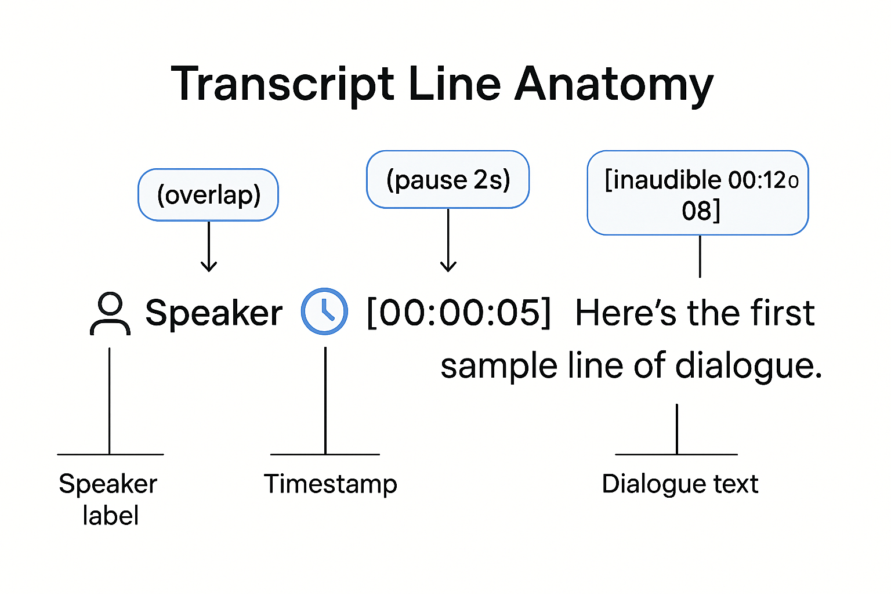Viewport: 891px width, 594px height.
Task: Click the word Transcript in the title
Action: (283, 85)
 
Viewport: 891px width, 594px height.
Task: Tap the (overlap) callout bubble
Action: (208, 195)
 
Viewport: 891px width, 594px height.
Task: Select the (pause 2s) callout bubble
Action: (448, 180)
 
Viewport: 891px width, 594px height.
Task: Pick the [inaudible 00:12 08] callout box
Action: (698, 193)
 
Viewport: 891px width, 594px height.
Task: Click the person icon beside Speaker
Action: (110, 314)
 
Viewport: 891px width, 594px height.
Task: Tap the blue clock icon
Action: (325, 312)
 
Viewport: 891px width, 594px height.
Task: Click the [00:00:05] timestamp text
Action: (459, 313)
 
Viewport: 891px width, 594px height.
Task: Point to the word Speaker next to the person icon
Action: (213, 314)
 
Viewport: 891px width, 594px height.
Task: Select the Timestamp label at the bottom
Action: (331, 484)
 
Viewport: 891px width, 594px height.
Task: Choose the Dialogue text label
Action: (680, 484)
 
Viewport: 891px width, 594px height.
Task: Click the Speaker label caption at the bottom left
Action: (108, 499)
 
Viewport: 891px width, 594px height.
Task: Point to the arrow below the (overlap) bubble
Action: (209, 247)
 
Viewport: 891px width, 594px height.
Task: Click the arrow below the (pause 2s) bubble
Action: (448, 240)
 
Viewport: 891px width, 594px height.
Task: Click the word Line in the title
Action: (454, 85)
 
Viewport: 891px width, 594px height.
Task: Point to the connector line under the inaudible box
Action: (700, 256)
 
